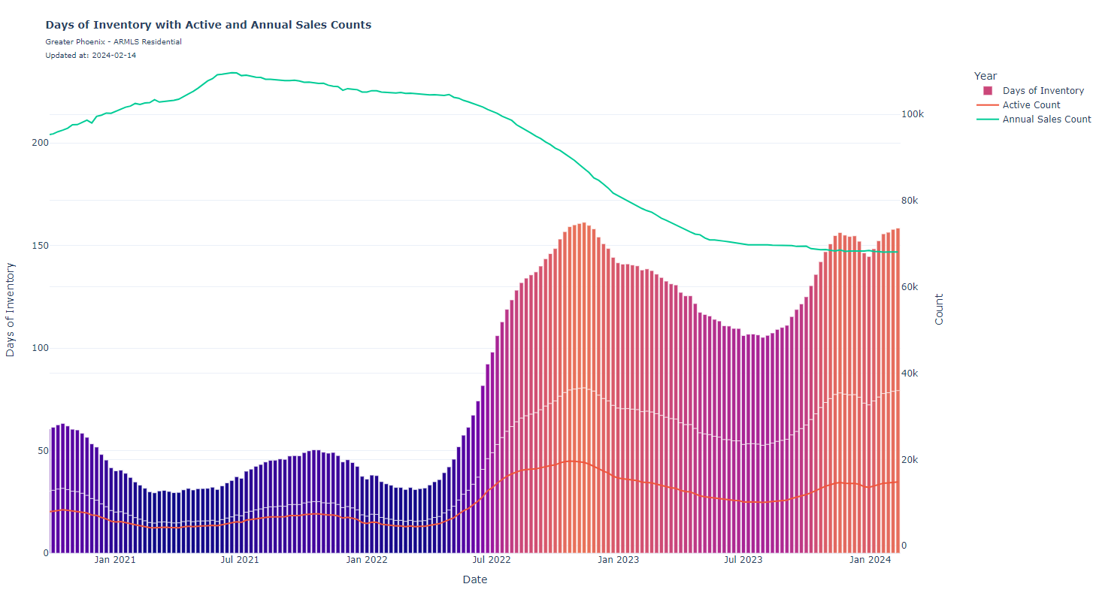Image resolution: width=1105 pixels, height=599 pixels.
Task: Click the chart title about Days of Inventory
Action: click(208, 25)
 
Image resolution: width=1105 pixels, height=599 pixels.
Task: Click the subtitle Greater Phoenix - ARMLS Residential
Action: click(114, 42)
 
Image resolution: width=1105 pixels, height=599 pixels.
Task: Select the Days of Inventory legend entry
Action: click(1043, 91)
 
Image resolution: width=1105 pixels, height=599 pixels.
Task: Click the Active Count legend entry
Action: click(1031, 105)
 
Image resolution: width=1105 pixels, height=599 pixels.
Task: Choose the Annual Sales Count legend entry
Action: click(1046, 119)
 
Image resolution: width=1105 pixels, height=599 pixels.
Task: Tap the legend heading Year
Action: click(985, 76)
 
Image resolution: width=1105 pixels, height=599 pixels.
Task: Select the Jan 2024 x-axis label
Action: click(870, 560)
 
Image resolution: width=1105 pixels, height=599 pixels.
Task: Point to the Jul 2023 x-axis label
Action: click(743, 560)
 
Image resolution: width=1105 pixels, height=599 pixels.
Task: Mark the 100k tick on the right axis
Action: click(913, 114)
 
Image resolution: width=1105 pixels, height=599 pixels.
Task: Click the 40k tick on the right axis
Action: click(910, 374)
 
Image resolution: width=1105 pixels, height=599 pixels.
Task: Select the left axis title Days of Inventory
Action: click(11, 310)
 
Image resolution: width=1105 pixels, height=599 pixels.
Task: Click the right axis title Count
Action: click(939, 309)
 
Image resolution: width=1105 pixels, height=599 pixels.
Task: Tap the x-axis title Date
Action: click(474, 579)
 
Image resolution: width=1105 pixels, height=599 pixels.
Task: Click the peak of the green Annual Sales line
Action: click(232, 73)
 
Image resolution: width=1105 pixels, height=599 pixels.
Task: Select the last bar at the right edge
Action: click(898, 391)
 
